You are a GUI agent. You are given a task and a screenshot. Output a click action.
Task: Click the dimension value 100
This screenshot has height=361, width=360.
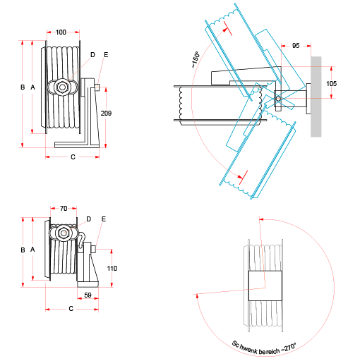pos(61,32)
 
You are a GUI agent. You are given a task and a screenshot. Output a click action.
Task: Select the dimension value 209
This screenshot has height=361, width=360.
pos(106,114)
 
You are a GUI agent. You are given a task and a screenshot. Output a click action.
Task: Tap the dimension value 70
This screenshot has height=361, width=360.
pos(64,209)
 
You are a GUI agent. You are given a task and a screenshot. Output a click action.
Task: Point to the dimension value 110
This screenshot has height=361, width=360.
pos(112,268)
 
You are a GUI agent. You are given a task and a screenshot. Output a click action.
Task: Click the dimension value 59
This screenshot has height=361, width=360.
pos(88,295)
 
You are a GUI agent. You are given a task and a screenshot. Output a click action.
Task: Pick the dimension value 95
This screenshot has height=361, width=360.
pos(295,46)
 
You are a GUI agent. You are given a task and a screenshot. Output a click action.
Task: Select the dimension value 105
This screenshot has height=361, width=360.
pos(332,84)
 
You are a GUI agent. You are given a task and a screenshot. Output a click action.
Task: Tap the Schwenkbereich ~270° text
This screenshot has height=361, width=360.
pos(265,345)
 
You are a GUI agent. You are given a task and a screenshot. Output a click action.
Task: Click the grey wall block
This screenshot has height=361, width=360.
pos(316,97)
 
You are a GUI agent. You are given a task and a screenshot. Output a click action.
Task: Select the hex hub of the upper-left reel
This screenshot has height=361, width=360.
pos(64,87)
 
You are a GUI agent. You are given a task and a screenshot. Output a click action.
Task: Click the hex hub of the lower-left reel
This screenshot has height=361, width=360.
pos(64,233)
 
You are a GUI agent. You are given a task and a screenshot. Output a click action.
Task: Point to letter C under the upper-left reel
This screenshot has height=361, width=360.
pos(73,157)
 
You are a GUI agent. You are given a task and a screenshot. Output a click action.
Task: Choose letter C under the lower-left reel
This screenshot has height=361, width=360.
pos(71,309)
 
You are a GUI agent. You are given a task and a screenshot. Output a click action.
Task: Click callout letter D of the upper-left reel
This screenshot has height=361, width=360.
pos(92,54)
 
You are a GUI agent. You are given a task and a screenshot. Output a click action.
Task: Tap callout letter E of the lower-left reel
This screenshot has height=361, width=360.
pos(103,219)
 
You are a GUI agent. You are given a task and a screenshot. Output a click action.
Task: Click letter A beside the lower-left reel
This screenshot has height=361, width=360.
pos(32,250)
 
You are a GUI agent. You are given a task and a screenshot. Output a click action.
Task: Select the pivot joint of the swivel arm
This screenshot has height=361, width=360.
pos(278,98)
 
